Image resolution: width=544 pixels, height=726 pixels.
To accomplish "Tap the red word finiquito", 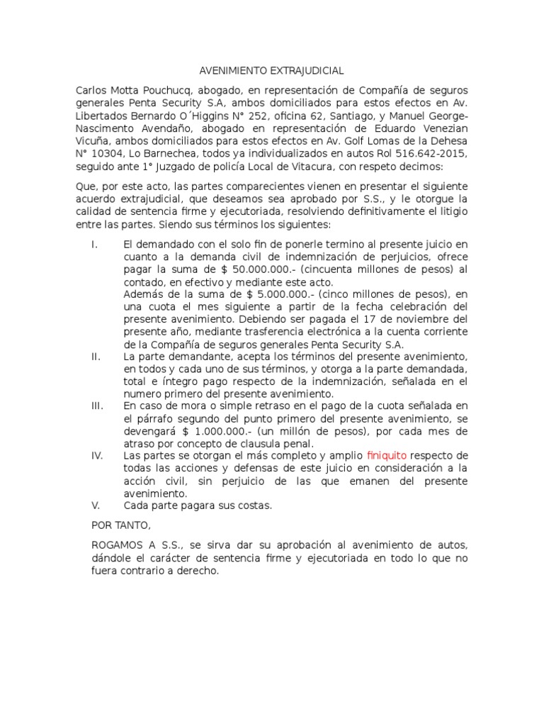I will pyautogui.click(x=387, y=455).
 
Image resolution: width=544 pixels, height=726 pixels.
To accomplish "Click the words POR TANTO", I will pyautogui.click(x=121, y=525).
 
